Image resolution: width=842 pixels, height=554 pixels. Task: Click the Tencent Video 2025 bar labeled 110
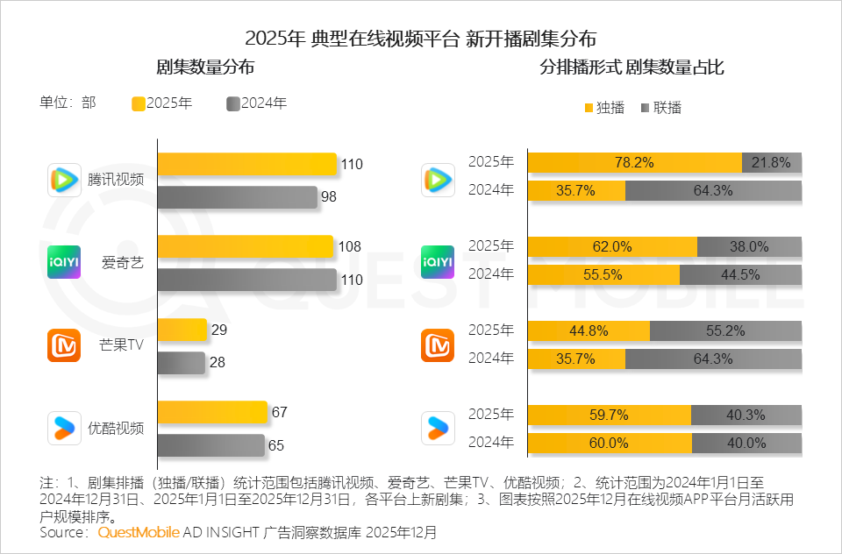(246, 164)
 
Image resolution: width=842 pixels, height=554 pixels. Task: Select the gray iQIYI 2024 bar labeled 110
(246, 281)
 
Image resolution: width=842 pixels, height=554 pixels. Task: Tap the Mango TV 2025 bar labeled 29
(182, 330)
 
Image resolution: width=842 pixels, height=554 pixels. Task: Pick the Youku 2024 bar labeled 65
(210, 444)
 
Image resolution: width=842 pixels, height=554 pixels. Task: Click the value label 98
(329, 197)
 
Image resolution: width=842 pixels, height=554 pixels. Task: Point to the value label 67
(280, 412)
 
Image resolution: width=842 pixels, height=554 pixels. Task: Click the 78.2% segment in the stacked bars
(634, 162)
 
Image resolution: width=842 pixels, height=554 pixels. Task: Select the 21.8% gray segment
(772, 162)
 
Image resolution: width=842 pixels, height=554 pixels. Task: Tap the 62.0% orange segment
(612, 246)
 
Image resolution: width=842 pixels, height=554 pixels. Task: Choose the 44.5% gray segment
(740, 274)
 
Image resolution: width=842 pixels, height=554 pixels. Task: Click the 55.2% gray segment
(725, 330)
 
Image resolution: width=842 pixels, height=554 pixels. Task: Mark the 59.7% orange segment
(609, 415)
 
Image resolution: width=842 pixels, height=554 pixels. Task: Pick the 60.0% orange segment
(610, 443)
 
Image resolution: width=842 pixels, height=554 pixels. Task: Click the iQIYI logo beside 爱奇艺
(64, 262)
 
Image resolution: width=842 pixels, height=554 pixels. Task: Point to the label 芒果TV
(122, 344)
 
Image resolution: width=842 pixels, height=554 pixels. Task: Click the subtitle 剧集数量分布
(205, 67)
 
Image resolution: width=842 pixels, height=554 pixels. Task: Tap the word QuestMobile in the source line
(139, 532)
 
